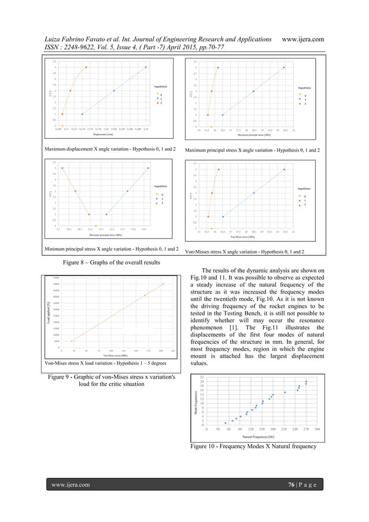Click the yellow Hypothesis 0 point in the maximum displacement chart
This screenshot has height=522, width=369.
62,126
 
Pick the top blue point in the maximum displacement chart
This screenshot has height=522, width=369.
146,67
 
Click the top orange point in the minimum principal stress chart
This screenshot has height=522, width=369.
62,168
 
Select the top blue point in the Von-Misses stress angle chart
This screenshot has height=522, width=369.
284,170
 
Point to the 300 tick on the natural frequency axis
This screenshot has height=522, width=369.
318,429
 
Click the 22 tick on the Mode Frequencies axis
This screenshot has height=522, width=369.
202,377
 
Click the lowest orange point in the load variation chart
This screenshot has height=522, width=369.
72,341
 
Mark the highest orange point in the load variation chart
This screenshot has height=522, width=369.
163,284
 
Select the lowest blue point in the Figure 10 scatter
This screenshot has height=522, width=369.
226,422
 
